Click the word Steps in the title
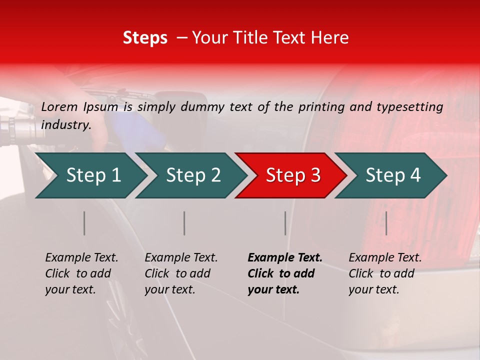tap(145, 38)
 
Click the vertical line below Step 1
tap(84, 223)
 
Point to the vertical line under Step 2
tap(184, 223)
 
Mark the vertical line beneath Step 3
tap(285, 223)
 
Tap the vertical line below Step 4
tap(386, 223)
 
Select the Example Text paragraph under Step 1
tap(81, 273)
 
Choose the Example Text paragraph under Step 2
tap(181, 273)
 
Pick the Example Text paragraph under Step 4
tap(385, 273)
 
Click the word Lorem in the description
tap(59, 106)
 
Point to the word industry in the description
tap(66, 125)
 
